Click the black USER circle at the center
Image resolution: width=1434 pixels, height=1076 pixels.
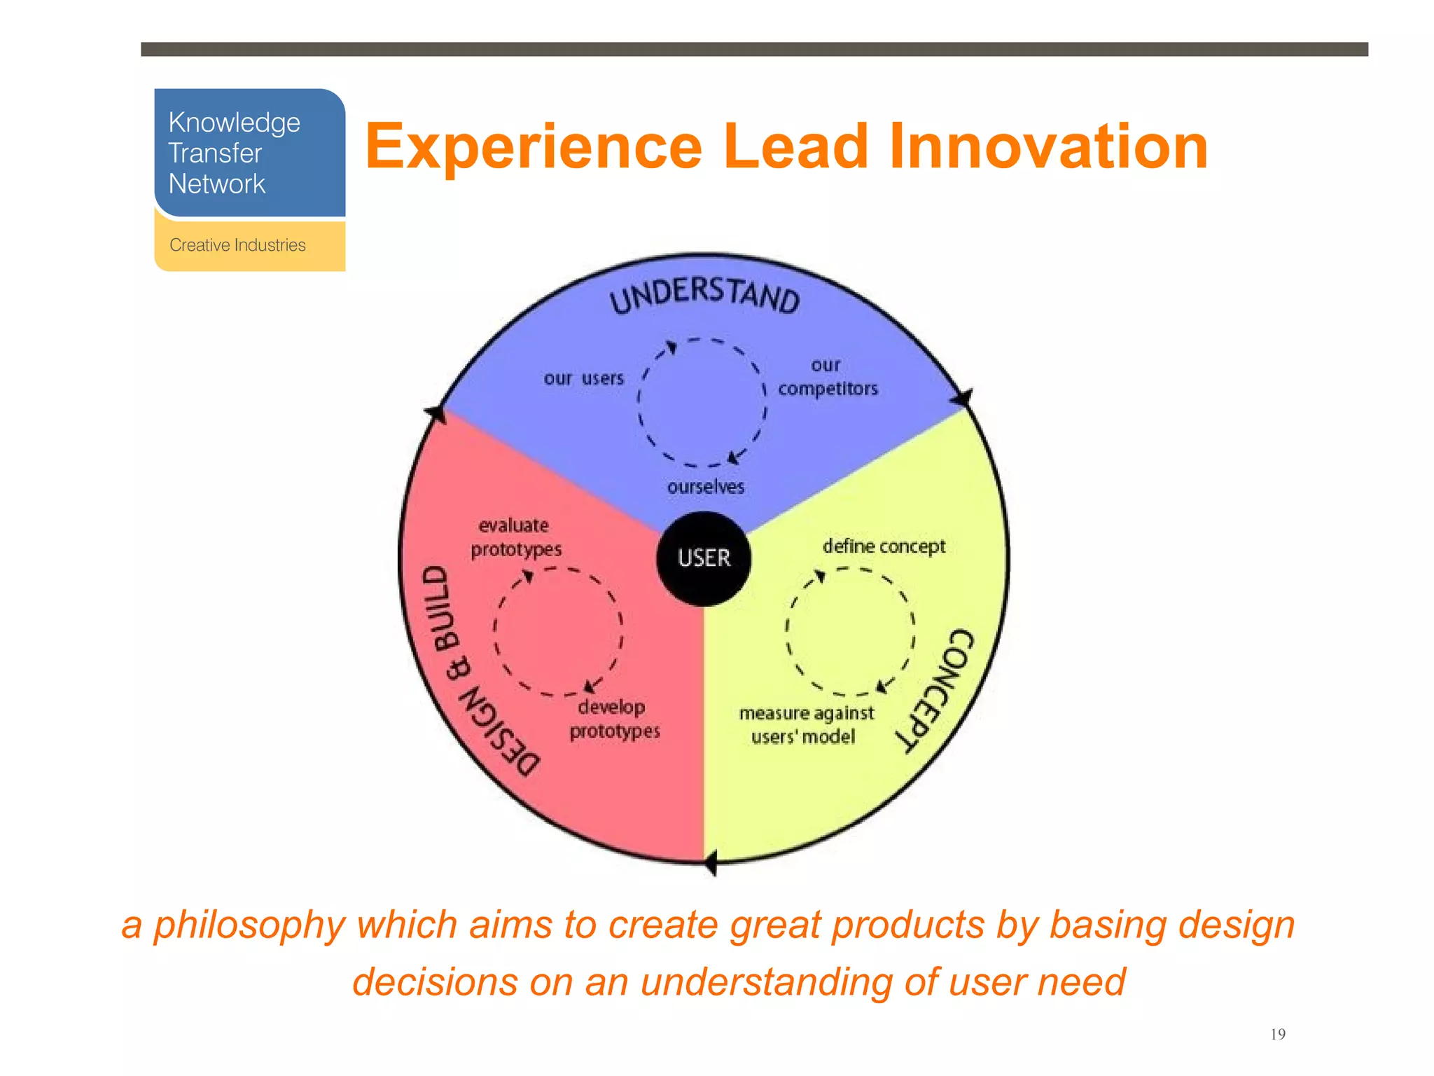click(704, 558)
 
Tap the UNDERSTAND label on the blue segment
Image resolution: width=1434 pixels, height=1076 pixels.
click(704, 295)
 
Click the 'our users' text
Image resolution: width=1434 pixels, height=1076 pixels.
click(583, 379)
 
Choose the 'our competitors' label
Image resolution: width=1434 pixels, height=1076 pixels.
click(828, 378)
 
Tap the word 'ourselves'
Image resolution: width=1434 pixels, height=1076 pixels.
click(705, 487)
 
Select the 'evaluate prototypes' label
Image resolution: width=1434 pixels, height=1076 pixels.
click(516, 537)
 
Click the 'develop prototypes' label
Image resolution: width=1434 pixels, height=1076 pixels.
click(614, 719)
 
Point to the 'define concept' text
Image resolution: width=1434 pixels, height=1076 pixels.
click(884, 546)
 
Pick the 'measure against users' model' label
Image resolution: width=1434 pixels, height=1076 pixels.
click(806, 725)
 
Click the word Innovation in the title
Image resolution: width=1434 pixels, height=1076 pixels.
click(1048, 146)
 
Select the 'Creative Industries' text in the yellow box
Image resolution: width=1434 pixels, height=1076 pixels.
click(237, 245)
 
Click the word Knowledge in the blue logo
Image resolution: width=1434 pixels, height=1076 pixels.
click(234, 123)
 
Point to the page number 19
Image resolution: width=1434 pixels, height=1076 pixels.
click(1277, 1035)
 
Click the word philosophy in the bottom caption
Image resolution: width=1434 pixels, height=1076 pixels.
click(249, 926)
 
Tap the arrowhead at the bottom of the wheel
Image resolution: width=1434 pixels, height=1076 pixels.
click(710, 862)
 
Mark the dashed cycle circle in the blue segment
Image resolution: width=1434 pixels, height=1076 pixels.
click(702, 402)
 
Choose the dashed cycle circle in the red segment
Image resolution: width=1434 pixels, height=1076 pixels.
click(558, 631)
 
